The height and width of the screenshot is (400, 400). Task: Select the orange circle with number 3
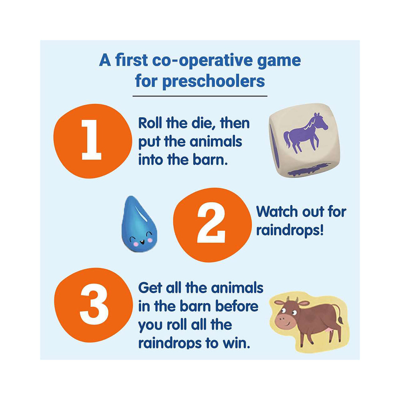[x=93, y=304]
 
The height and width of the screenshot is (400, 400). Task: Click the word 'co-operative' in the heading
[x=202, y=61]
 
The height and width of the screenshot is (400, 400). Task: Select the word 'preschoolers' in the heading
[x=214, y=81]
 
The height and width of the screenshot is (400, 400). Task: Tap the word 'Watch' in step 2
[x=277, y=212]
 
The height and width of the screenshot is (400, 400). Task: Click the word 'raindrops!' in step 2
[x=290, y=230]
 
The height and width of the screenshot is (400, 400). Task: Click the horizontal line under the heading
[x=200, y=96]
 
